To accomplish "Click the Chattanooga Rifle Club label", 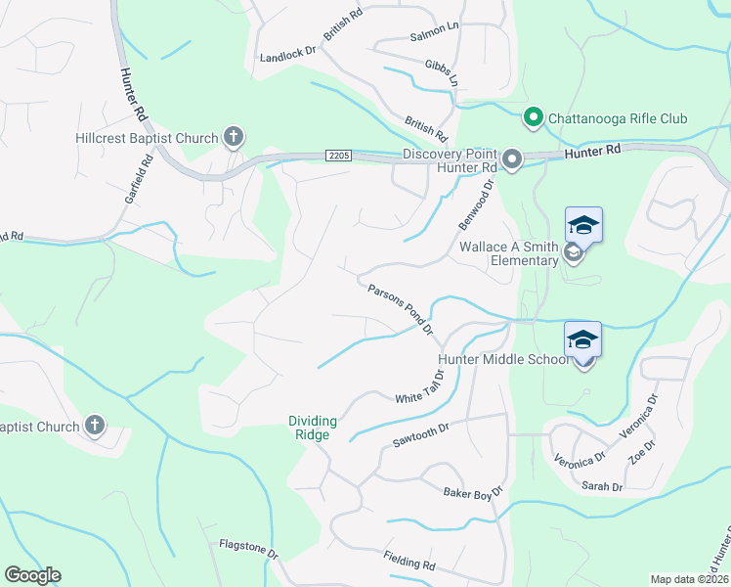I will click(x=617, y=119).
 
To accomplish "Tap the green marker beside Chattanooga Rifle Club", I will click(x=533, y=118).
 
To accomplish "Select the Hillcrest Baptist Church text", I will click(x=147, y=138).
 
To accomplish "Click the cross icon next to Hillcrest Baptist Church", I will click(x=233, y=137).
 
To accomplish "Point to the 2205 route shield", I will click(x=338, y=155).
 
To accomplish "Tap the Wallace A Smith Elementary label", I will click(x=509, y=254).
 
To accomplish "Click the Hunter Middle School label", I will click(x=502, y=359).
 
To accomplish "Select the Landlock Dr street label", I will click(x=289, y=57).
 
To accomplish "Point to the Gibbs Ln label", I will click(x=442, y=70).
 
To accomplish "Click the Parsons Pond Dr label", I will click(x=401, y=309).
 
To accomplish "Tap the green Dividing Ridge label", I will click(x=312, y=428).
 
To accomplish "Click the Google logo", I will click(x=32, y=575).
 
